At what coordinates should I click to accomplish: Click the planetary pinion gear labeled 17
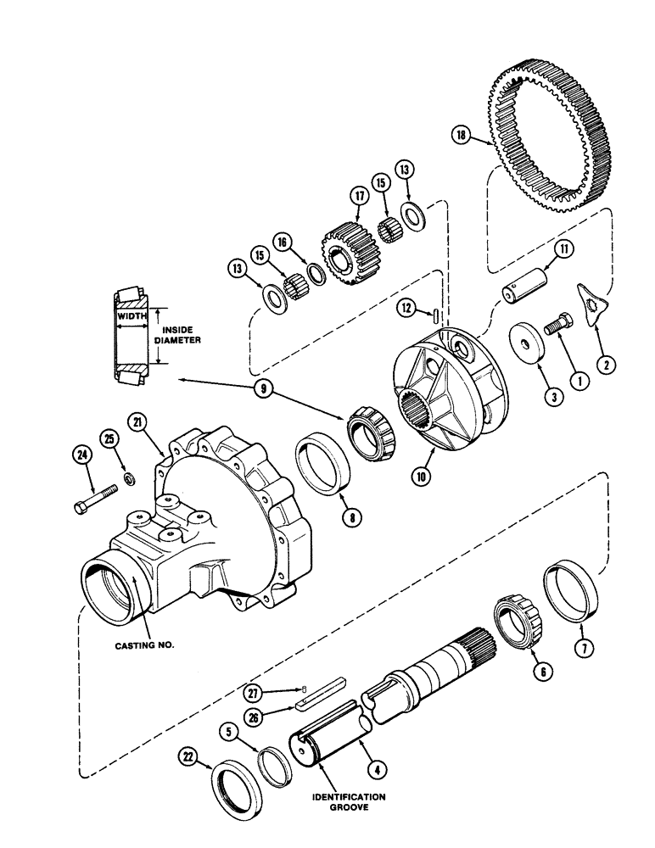click(343, 246)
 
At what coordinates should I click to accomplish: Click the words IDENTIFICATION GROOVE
click(346, 802)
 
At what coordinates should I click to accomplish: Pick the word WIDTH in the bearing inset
click(132, 315)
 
